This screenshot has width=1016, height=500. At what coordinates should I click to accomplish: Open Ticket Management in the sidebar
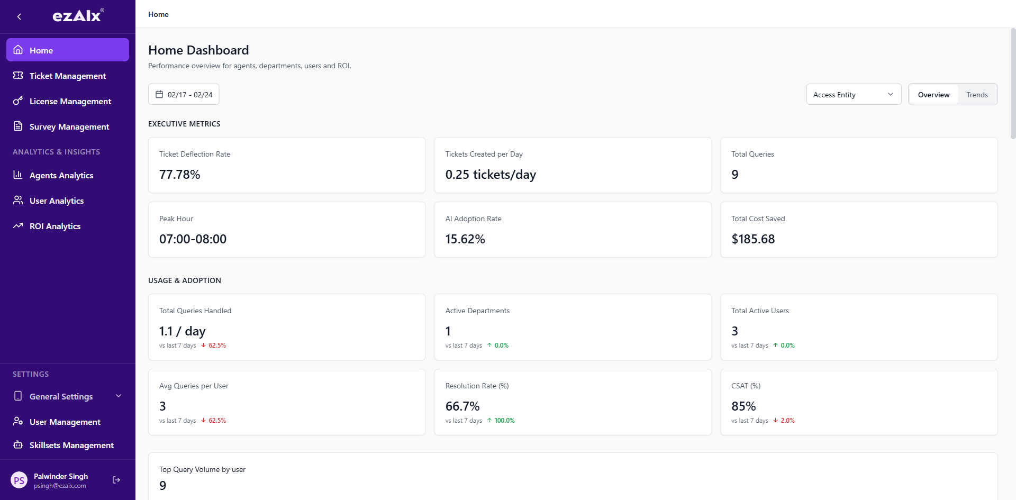click(67, 76)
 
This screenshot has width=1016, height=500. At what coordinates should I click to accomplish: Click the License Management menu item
click(70, 101)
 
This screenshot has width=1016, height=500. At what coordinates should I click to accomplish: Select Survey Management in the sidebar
click(69, 126)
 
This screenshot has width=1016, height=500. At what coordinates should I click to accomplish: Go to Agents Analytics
click(61, 175)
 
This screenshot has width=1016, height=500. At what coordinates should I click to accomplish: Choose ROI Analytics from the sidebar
click(55, 226)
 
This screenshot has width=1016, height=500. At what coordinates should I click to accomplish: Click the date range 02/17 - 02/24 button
click(184, 95)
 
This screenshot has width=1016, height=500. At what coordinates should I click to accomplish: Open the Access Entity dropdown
click(853, 95)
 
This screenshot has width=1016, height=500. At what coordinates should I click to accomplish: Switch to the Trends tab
click(976, 95)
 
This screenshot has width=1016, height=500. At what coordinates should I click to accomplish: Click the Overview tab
click(933, 95)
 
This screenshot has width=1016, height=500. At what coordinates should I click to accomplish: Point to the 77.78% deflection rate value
click(179, 175)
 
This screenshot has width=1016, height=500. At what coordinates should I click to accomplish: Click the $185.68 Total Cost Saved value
click(752, 239)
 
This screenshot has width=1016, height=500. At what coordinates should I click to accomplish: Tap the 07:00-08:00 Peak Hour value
click(193, 239)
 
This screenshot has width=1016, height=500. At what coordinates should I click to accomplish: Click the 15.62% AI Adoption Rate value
click(465, 239)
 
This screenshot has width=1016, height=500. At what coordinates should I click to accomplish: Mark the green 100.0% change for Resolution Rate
click(504, 421)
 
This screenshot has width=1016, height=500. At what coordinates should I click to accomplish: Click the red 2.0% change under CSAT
click(787, 421)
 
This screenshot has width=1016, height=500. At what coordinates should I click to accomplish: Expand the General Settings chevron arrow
click(119, 396)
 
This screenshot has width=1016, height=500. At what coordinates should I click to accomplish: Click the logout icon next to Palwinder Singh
click(116, 480)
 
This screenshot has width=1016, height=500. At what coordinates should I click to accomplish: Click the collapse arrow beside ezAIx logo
click(19, 16)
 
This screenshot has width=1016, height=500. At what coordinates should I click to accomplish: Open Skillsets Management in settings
click(71, 445)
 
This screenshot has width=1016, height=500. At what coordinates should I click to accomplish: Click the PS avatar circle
click(19, 480)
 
